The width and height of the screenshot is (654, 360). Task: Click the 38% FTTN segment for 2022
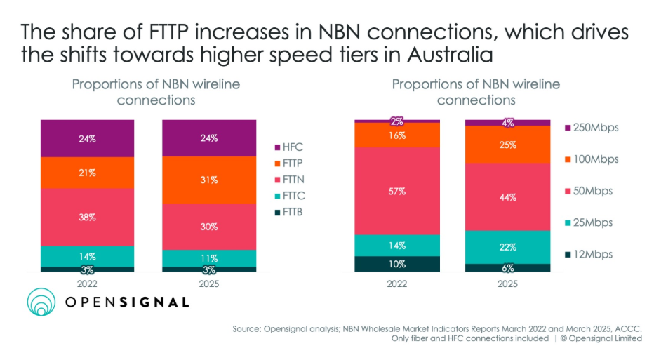(x=87, y=217)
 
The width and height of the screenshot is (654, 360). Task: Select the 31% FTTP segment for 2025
(x=209, y=180)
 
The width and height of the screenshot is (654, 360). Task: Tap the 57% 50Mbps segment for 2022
(x=397, y=191)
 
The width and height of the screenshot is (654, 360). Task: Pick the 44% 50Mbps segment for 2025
(x=508, y=197)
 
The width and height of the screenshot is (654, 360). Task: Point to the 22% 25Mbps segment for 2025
(x=508, y=247)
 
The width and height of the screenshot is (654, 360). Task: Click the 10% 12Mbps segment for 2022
(x=397, y=264)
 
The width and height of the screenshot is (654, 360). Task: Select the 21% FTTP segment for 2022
(x=87, y=173)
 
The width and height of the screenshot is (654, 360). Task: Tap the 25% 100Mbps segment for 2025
(x=508, y=145)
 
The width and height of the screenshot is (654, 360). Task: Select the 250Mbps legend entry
(x=591, y=128)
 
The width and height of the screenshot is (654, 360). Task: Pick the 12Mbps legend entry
(x=588, y=254)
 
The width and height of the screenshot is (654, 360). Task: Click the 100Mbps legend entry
(x=591, y=159)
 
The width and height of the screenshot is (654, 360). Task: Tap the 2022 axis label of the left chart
(x=87, y=285)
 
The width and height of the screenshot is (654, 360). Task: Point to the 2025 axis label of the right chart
(x=508, y=285)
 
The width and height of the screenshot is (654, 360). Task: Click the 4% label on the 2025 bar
(x=508, y=123)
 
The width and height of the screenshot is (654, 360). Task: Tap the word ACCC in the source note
(x=627, y=328)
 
